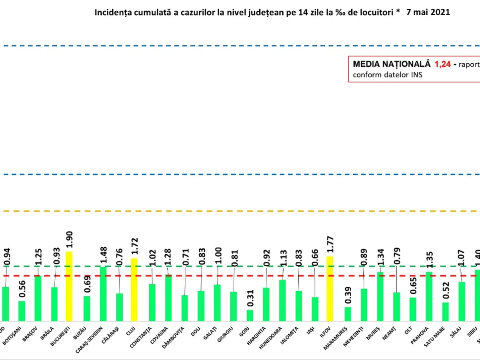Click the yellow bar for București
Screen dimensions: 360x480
pyautogui.click(x=69, y=286)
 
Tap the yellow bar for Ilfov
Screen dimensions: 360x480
pyautogui.click(x=330, y=288)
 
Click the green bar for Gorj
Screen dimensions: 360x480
pyautogui.click(x=250, y=315)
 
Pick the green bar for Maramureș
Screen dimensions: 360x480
pyautogui.click(x=348, y=314)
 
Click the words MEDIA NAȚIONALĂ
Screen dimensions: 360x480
pyautogui.click(x=392, y=64)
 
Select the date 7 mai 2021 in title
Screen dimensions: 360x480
pyautogui.click(x=428, y=12)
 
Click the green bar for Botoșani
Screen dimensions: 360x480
pyautogui.click(x=22, y=311)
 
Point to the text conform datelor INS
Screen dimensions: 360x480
pyautogui.click(x=387, y=75)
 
